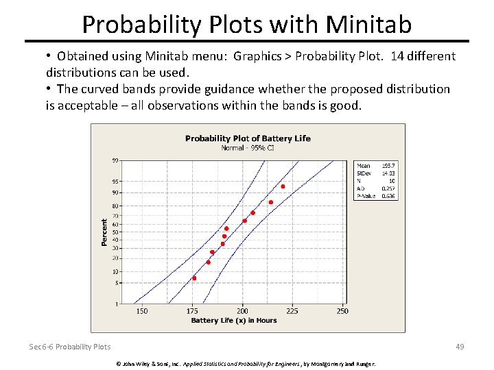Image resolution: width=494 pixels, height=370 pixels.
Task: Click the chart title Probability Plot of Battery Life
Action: (248, 138)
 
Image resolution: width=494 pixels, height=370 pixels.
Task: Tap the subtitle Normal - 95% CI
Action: (248, 147)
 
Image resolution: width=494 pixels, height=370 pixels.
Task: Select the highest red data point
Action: (283, 186)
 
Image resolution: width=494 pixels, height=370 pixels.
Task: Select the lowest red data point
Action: (194, 278)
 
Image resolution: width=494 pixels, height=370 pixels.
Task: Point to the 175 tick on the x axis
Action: (192, 311)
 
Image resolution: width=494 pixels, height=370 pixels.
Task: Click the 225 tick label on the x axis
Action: (292, 311)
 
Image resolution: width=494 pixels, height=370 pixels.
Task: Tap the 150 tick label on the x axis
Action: (141, 311)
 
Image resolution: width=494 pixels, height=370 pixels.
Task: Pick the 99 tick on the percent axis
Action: (115, 160)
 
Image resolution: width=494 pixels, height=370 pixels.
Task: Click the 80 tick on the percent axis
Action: (115, 206)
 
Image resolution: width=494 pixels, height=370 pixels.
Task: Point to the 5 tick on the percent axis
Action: (117, 282)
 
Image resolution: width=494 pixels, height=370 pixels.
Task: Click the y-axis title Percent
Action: (105, 232)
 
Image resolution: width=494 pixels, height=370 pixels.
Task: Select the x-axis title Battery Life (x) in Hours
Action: (233, 321)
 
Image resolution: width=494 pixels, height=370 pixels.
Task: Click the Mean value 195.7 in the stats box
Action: (389, 166)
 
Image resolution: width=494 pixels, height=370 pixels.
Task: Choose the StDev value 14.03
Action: (389, 173)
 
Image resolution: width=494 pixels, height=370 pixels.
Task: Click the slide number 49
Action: (460, 347)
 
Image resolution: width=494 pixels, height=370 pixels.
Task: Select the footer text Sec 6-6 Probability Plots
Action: (70, 347)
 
